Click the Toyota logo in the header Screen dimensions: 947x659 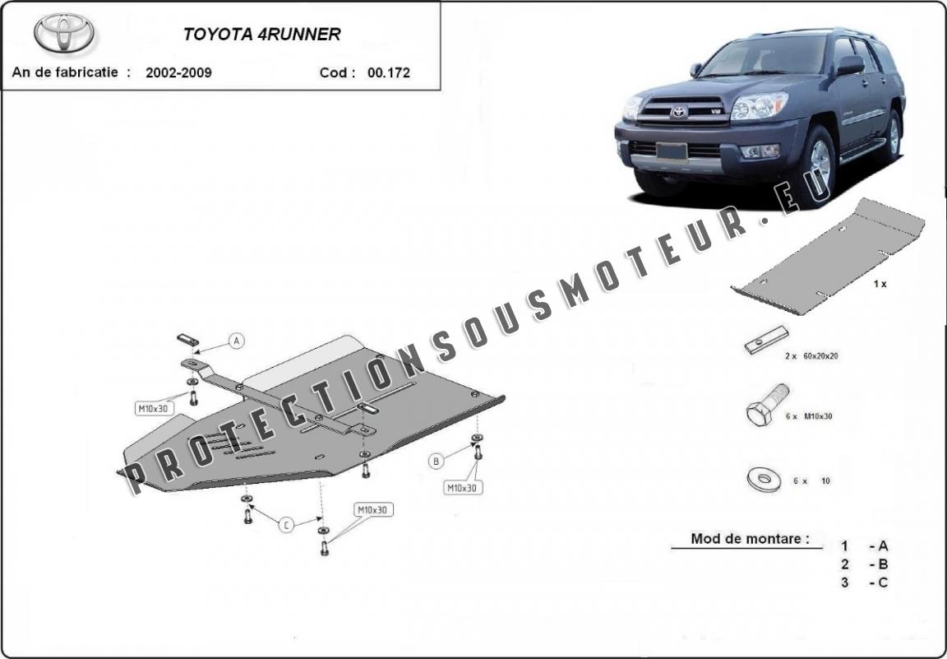(x=64, y=33)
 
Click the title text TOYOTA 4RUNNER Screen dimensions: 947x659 (x=261, y=35)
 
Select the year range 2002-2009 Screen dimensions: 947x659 (x=178, y=72)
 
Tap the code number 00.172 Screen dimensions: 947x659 (x=388, y=72)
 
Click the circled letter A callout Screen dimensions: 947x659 (x=237, y=341)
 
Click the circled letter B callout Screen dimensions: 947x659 (x=436, y=462)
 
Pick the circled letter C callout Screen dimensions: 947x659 (x=286, y=525)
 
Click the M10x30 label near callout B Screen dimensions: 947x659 (x=464, y=487)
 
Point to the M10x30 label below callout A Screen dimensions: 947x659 (x=154, y=409)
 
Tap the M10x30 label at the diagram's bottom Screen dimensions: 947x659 (x=374, y=510)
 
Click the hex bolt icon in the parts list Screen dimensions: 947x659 (x=767, y=404)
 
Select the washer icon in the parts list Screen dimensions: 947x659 (x=764, y=480)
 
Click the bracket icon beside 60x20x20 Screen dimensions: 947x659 (x=766, y=340)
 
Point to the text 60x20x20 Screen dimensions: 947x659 (x=820, y=356)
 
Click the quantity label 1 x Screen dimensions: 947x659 (x=880, y=284)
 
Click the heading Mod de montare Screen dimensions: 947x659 (x=750, y=538)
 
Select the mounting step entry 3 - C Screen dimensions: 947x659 (x=864, y=582)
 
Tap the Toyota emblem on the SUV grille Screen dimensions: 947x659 (x=679, y=113)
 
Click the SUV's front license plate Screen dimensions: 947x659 (x=672, y=151)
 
